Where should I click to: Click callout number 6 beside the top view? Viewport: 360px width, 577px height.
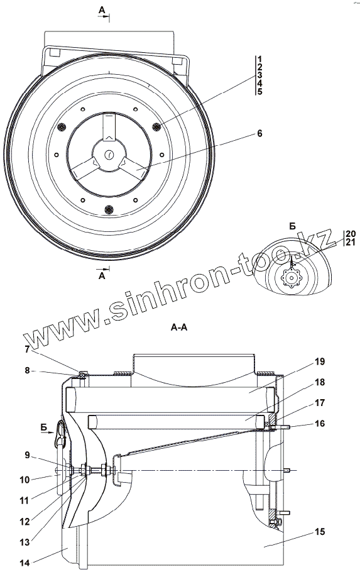[259, 133]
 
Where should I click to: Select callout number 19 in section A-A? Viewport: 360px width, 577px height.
[320, 362]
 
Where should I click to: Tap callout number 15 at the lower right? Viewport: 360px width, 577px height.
[320, 532]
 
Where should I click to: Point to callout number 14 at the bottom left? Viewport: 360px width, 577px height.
[25, 563]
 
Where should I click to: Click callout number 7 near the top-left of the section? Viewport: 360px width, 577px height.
[27, 349]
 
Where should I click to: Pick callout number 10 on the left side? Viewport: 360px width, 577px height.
[25, 480]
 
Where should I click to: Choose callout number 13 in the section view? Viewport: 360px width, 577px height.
[25, 542]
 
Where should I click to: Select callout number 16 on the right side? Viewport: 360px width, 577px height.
[320, 424]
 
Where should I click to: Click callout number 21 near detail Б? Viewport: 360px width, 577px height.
[351, 242]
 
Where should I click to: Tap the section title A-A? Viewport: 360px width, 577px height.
[179, 327]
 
